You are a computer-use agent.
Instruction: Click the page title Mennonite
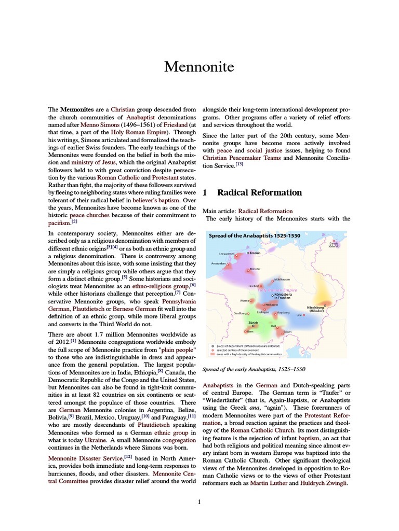pyautogui.click(x=199, y=67)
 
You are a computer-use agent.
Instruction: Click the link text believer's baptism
pyautogui.click(x=156, y=200)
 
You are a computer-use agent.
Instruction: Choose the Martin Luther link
pyautogui.click(x=268, y=483)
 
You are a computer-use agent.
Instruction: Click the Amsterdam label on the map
pyautogui.click(x=219, y=263)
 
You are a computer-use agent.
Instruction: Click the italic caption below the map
pyautogui.click(x=254, y=369)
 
